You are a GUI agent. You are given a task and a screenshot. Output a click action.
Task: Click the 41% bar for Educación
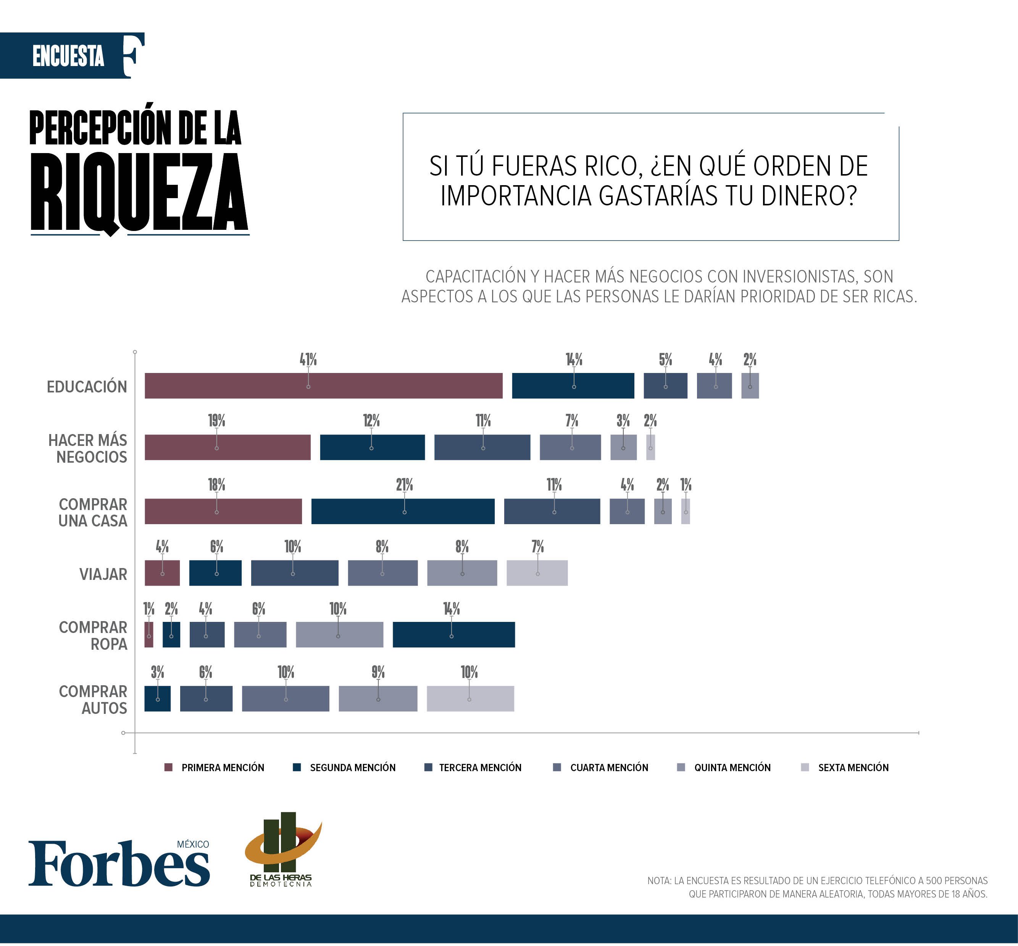coord(323,386)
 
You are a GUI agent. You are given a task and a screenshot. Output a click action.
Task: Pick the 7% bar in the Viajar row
coord(537,572)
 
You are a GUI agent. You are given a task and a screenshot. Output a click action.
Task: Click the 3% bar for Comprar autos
coord(157,698)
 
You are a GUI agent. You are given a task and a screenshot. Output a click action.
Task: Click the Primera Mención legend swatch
coord(168,767)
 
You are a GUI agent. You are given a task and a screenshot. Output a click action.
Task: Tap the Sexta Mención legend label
coord(853,768)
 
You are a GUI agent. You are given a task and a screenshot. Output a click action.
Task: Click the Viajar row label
coord(103,574)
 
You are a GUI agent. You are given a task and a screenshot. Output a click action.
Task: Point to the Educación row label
coord(87,386)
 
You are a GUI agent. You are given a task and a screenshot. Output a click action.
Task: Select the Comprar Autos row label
coord(93,699)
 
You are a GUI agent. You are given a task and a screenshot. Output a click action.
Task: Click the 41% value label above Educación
coord(308,359)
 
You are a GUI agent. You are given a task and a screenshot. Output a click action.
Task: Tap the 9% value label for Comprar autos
coord(378,672)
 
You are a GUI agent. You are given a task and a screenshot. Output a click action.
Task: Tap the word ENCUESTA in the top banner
coord(68,57)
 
